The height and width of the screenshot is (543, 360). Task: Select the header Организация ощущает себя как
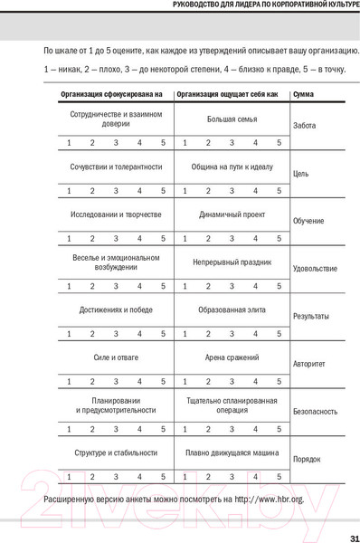(227, 95)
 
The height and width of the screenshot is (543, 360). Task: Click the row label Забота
(305, 125)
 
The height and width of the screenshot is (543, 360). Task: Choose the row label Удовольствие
(315, 269)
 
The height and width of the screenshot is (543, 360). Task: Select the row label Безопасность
(315, 412)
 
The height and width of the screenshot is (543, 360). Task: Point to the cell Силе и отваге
(116, 357)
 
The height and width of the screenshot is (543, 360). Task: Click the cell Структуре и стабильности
(116, 452)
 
